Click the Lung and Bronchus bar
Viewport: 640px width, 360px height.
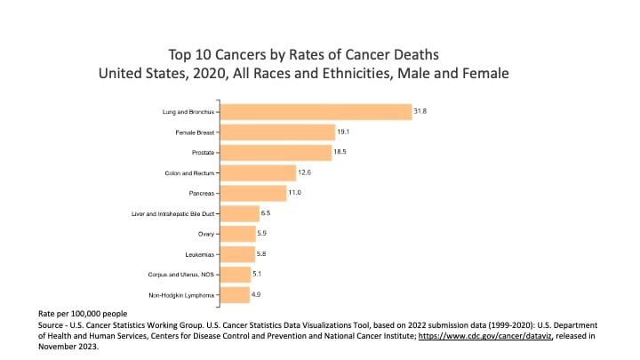pos(315,112)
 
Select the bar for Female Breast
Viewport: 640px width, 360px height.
pos(277,132)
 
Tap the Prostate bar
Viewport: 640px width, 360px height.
pos(276,153)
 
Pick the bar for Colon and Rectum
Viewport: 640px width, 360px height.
pos(258,173)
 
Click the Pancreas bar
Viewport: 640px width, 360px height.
pos(253,194)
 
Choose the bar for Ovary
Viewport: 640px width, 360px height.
pos(237,234)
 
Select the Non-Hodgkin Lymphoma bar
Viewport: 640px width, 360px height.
pos(235,294)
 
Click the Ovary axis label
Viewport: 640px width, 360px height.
pos(204,235)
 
